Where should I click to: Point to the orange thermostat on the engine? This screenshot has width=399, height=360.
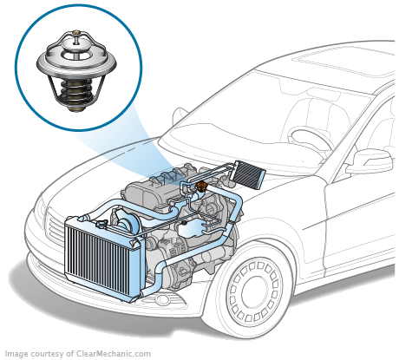point(201,186)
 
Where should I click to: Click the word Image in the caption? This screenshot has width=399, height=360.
point(16,353)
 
